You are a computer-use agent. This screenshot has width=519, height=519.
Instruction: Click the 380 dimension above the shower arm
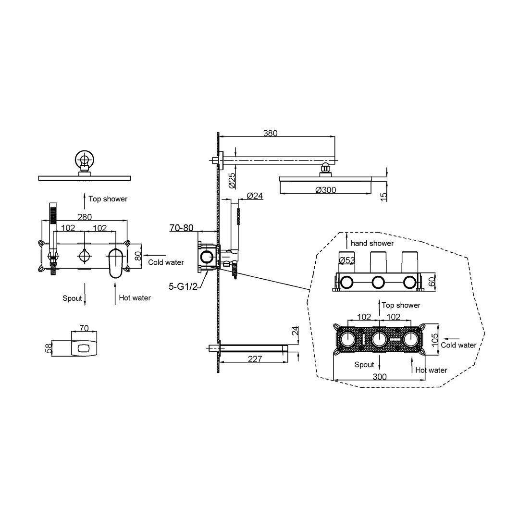(270, 133)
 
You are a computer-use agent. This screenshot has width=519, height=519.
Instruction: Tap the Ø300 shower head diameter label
(326, 190)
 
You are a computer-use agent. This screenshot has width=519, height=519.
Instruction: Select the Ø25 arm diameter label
(233, 180)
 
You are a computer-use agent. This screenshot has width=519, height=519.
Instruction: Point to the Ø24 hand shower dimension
(255, 196)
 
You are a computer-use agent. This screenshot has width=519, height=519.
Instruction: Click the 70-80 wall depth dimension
(181, 228)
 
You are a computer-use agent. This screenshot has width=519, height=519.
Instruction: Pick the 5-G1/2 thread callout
(183, 286)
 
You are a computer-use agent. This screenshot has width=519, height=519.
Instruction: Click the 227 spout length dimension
(255, 359)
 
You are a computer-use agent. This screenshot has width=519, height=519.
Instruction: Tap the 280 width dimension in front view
(85, 217)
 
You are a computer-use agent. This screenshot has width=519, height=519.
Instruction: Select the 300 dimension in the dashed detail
(379, 377)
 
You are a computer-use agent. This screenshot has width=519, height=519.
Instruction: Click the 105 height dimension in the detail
(435, 338)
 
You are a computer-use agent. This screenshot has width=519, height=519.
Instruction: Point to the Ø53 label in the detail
(347, 260)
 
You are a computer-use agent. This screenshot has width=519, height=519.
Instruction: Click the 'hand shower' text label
(372, 243)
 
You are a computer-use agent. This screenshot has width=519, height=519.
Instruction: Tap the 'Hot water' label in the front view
(135, 298)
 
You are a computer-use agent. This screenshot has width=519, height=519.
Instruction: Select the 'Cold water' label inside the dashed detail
(458, 345)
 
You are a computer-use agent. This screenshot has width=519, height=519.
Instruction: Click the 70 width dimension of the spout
(84, 328)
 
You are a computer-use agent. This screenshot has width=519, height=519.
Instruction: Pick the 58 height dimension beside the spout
(49, 348)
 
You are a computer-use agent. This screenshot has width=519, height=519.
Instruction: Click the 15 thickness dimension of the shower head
(383, 197)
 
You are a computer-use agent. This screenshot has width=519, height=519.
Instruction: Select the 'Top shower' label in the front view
(108, 199)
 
